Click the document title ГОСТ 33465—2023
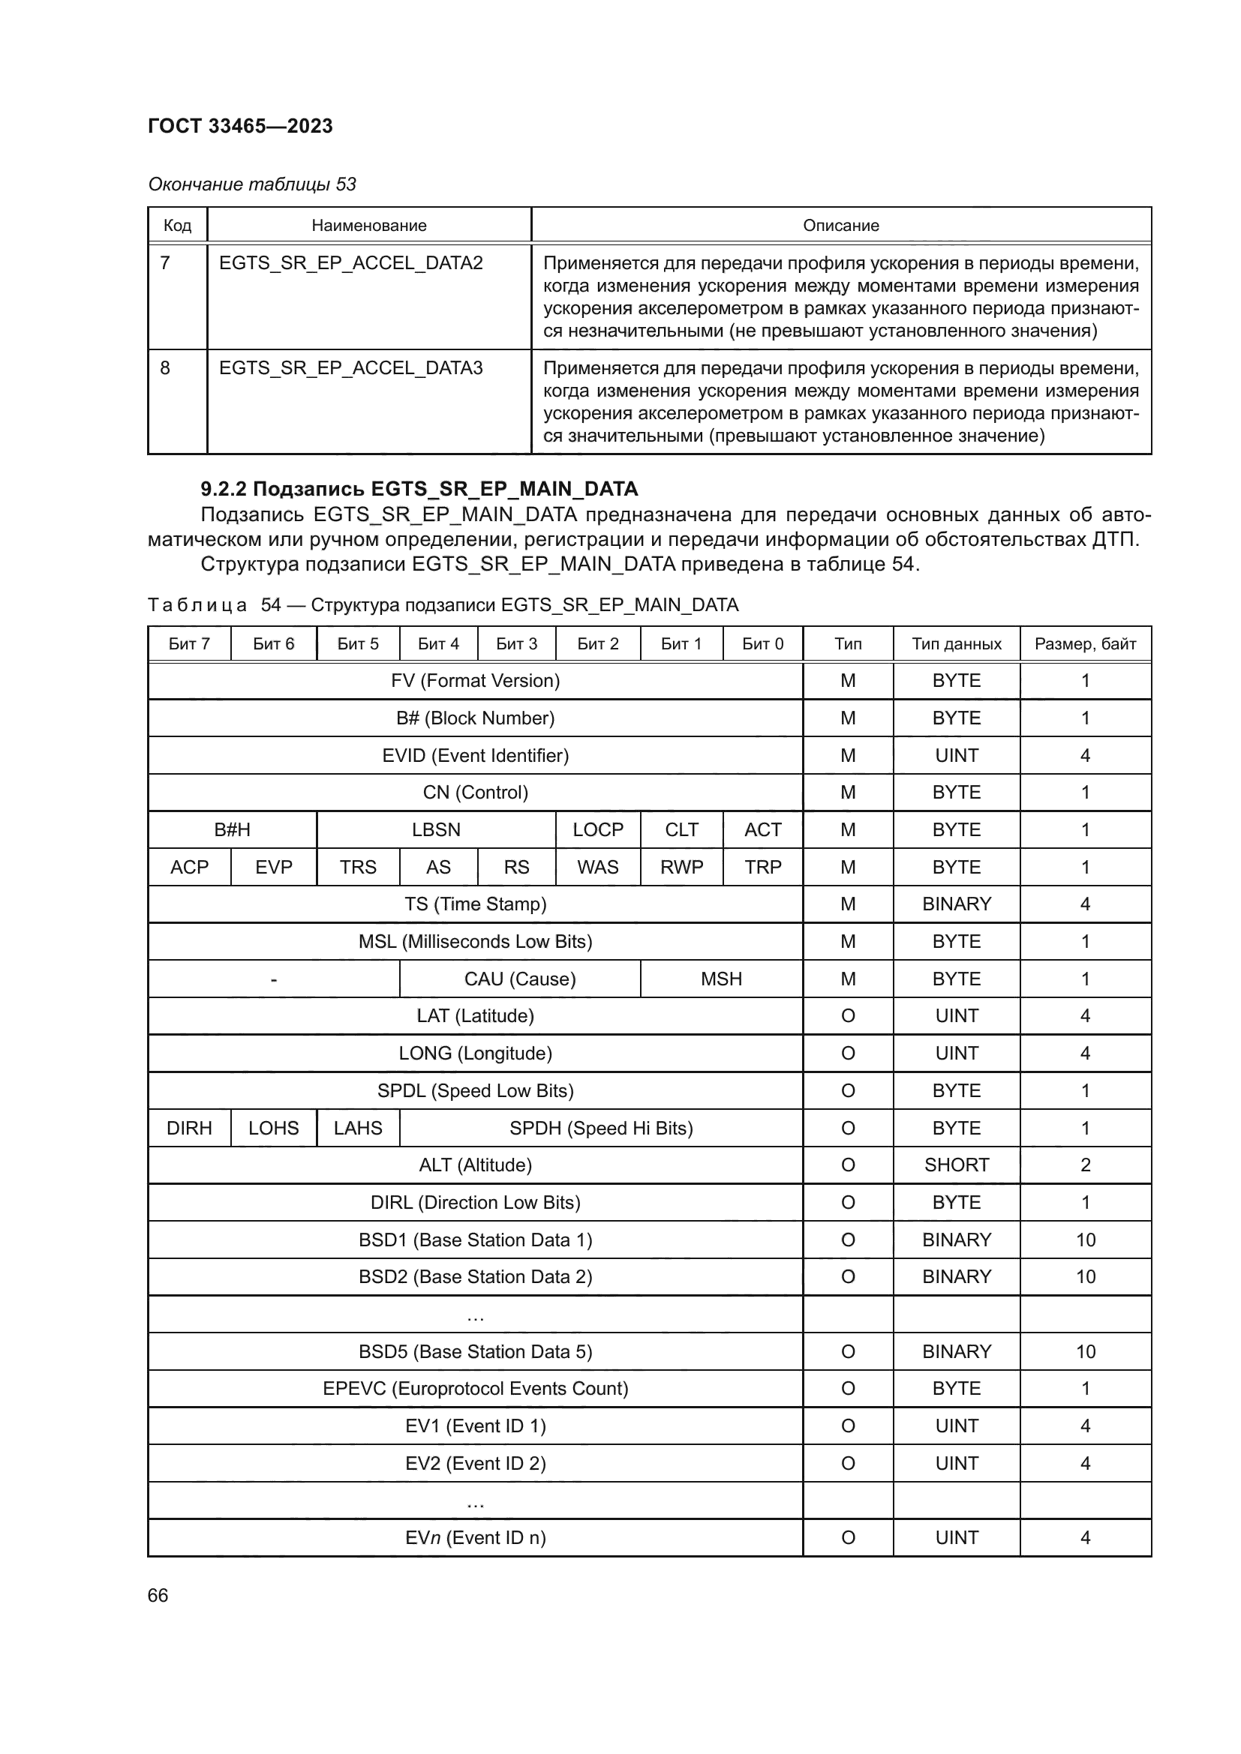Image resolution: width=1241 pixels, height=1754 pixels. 240,126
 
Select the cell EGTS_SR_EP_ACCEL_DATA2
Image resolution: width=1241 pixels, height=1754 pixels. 350,263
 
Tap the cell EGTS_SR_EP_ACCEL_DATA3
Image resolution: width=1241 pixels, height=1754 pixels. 350,368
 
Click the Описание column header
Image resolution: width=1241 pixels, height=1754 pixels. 840,226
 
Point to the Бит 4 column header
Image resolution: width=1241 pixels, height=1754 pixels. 438,644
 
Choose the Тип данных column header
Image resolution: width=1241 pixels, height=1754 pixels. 956,644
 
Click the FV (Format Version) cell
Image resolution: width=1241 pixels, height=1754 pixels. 474,681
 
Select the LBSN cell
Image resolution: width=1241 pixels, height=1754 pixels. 436,829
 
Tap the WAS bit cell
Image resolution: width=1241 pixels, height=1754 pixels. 597,867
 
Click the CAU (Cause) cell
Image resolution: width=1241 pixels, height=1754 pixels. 520,979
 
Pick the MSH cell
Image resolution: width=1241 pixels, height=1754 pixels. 720,979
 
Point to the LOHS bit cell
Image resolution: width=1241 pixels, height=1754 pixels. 273,1128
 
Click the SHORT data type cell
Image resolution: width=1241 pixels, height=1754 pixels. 956,1165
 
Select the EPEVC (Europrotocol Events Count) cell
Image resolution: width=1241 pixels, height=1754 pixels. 474,1388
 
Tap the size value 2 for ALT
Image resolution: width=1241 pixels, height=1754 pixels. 1085,1165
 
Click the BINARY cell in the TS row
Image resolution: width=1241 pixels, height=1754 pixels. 956,904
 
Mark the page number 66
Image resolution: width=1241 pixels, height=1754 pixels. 158,1595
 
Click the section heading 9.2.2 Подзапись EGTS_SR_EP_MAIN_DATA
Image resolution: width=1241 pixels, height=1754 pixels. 419,489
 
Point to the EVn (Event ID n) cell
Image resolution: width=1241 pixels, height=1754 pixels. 474,1537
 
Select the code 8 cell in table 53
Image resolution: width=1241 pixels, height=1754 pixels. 165,368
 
